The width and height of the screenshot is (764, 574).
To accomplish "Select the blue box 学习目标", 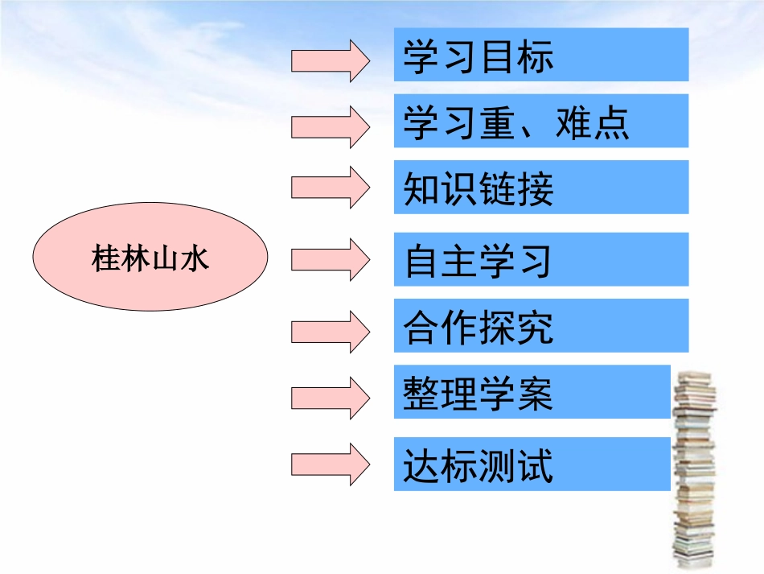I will pyautogui.click(x=540, y=55).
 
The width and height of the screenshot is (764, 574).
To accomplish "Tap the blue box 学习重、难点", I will pyautogui.click(x=540, y=121).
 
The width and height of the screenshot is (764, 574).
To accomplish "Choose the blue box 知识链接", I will pyautogui.click(x=540, y=187).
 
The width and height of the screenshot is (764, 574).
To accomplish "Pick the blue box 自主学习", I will pyautogui.click(x=540, y=259).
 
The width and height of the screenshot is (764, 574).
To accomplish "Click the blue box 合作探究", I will pyautogui.click(x=540, y=325).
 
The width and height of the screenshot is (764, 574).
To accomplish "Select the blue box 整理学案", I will pyautogui.click(x=532, y=392).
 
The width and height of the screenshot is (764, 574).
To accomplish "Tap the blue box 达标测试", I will pyautogui.click(x=532, y=464).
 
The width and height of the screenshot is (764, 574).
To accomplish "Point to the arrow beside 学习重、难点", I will pyautogui.click(x=330, y=126).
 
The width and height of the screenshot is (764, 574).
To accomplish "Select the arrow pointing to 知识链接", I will pyautogui.click(x=330, y=186).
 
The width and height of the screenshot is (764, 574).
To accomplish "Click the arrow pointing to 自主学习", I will pyautogui.click(x=330, y=258).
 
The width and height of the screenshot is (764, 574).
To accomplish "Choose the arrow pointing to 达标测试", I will pyautogui.click(x=330, y=464).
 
